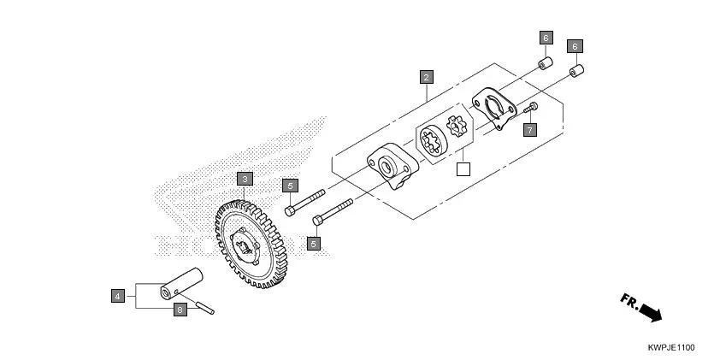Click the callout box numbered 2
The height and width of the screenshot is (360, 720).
coord(426,77)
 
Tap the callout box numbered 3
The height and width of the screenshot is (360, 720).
coord(245,179)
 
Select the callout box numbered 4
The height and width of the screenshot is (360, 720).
coord(118,296)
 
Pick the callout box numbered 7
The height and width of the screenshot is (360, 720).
coord(530,130)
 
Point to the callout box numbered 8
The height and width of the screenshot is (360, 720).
coord(180,310)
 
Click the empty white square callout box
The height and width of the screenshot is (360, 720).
coord(463,168)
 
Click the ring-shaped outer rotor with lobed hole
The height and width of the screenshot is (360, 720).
coord(433,141)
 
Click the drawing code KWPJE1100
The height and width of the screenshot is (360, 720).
coord(670,348)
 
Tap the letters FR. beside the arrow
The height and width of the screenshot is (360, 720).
coord(629,301)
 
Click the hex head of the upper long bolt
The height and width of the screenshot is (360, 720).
coord(290,210)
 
